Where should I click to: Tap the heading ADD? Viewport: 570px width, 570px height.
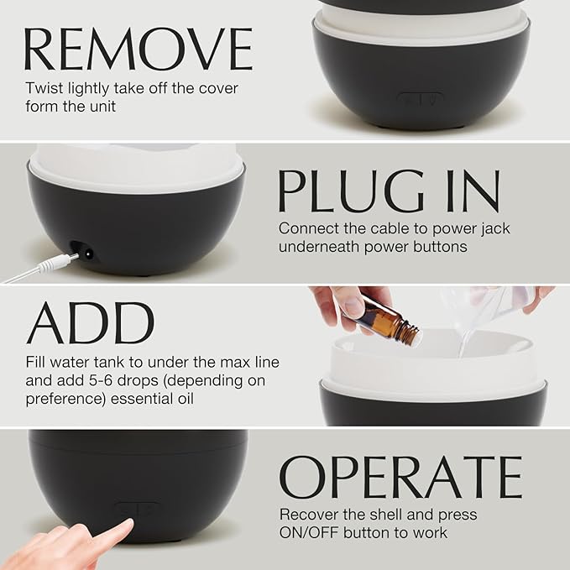click(x=90, y=323)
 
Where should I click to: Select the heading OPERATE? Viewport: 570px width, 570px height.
click(x=400, y=478)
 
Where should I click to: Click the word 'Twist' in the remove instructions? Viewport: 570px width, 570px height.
click(x=42, y=87)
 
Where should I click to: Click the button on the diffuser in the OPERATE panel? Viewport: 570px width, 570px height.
click(x=137, y=509)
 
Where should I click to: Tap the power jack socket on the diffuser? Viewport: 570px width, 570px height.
click(x=85, y=251)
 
